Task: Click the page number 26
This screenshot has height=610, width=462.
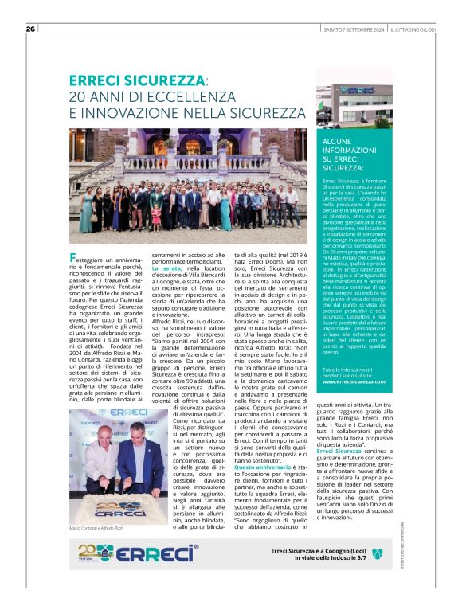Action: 30,29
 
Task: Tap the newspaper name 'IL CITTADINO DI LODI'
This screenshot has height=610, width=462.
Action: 412,30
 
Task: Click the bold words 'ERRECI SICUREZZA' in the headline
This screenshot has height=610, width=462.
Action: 136,80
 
